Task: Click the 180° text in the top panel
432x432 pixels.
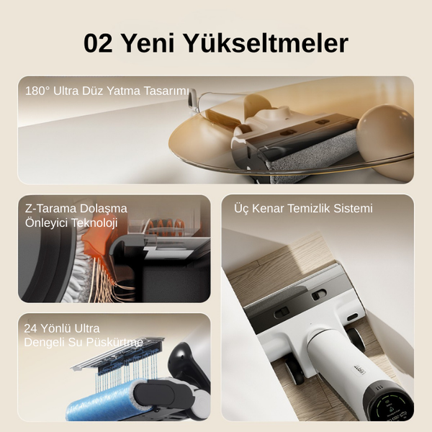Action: click(x=37, y=91)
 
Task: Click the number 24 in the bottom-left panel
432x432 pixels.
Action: click(x=30, y=328)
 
